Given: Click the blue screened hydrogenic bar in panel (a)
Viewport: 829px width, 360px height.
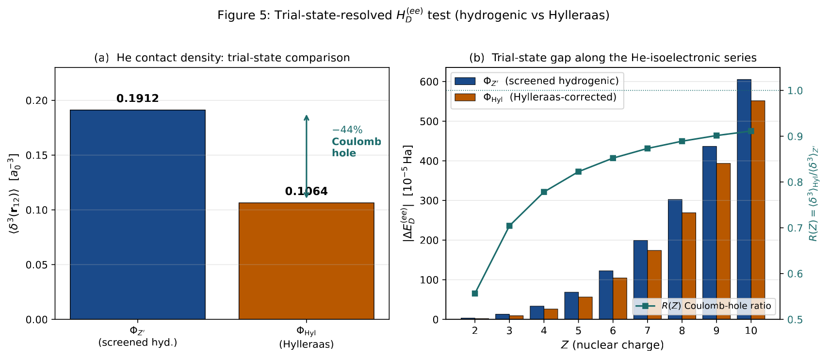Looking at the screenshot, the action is click(138, 214).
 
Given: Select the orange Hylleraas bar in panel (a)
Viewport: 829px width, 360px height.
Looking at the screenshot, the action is click(307, 261).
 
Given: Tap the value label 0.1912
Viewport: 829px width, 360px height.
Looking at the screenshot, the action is click(138, 98).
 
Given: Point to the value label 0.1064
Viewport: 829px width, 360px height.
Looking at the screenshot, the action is click(307, 191).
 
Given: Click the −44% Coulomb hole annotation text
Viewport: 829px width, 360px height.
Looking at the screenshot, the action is click(356, 141).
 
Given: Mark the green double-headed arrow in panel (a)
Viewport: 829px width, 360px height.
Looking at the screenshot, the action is click(307, 157).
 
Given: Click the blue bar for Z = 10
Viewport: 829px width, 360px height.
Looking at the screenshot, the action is click(744, 199).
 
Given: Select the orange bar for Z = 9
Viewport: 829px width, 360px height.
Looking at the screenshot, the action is click(723, 241).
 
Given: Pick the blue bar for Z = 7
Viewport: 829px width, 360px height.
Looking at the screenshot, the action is click(641, 280).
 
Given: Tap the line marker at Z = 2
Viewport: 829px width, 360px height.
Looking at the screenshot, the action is click(475, 294).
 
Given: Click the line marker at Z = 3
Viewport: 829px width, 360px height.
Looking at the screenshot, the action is click(509, 226).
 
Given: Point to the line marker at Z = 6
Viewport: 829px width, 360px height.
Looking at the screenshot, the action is click(613, 158).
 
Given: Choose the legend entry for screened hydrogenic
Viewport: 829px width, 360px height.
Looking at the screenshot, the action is click(536, 81).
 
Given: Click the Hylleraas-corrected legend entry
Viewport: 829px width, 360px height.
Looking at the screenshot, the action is click(536, 98).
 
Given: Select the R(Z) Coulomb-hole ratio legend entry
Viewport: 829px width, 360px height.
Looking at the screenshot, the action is click(703, 306).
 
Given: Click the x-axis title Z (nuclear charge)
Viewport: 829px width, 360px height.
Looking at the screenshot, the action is click(613, 345).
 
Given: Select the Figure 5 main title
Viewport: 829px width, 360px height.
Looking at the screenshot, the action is click(413, 15).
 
